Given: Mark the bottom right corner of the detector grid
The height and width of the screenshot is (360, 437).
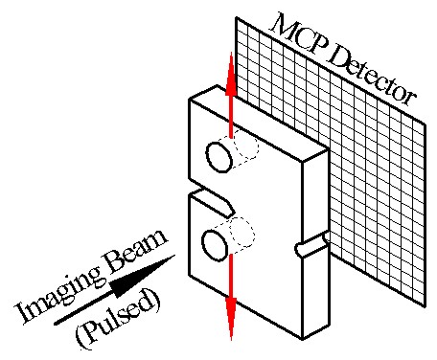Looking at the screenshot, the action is click(x=425, y=305).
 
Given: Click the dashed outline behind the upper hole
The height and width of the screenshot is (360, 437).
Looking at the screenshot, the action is click(x=249, y=146).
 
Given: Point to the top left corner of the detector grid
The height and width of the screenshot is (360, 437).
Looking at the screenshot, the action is click(x=237, y=17).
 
